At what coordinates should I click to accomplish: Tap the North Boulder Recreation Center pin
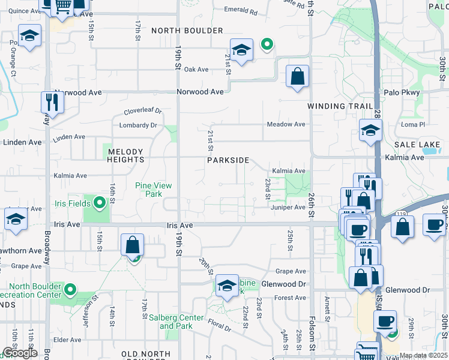pos(70,291)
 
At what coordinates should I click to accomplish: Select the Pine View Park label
pos(149,190)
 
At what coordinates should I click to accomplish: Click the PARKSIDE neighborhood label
pos(228,160)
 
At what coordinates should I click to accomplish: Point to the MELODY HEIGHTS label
pos(125,156)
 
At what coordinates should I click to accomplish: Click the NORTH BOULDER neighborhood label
pos(187,31)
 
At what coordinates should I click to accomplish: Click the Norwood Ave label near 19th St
pos(200,92)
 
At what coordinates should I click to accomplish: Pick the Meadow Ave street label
pos(286,124)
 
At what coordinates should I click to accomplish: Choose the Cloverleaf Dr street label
pos(143,111)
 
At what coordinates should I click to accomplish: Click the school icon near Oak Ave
pos(241,51)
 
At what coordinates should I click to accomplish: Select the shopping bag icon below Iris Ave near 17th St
pos(132,245)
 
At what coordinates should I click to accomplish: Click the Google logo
pos(19,353)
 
